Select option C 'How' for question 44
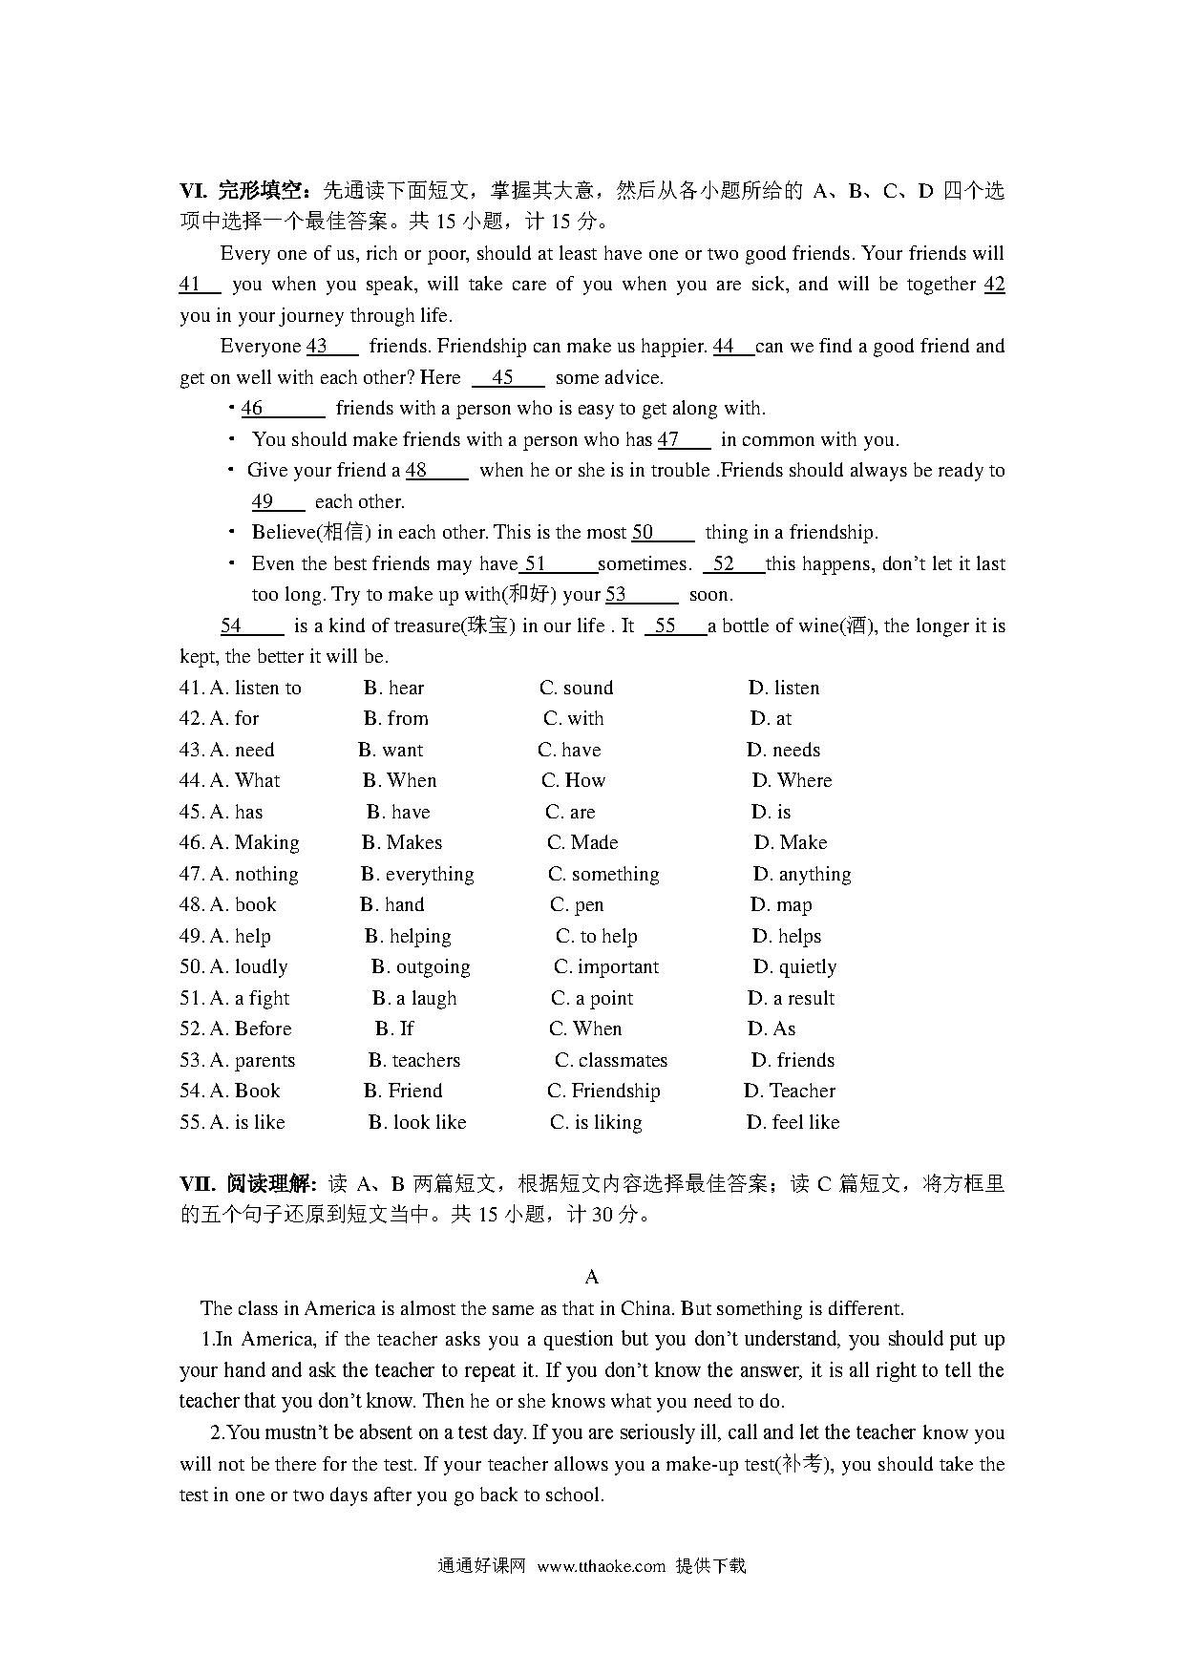574,780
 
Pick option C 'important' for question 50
606,966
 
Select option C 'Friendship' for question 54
603,1091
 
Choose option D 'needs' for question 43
784,750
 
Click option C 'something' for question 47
603,874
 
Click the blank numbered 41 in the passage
199,284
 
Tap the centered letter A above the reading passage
592,1277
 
